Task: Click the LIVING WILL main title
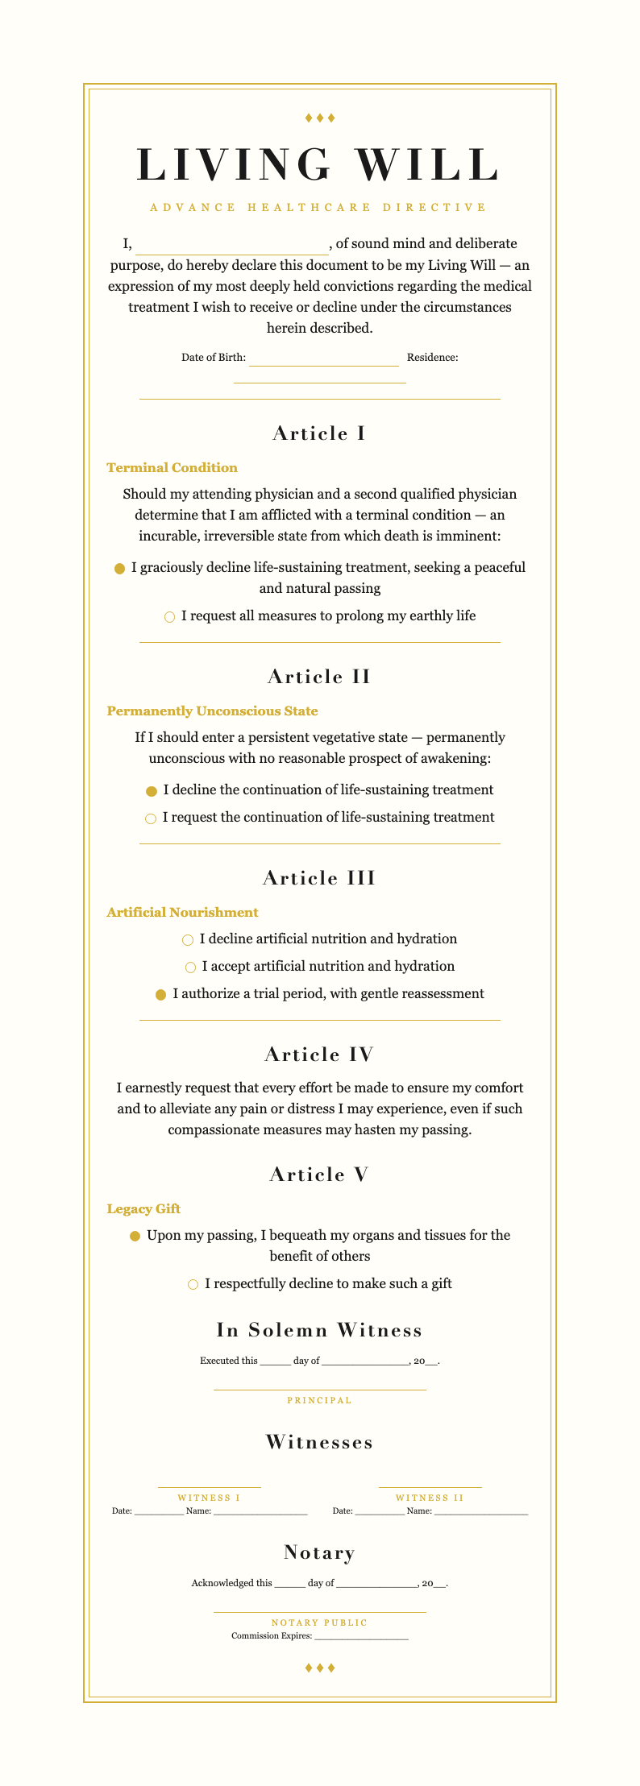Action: tap(319, 164)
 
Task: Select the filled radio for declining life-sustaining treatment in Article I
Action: tap(120, 569)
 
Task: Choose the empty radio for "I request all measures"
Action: tap(169, 617)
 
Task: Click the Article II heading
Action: tap(319, 677)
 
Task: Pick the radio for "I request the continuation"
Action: tap(151, 818)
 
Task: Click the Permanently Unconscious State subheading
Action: tap(212, 711)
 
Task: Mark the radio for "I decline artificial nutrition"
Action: tap(188, 940)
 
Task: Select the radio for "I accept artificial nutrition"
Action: tap(191, 968)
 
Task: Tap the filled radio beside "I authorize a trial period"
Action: tap(160, 995)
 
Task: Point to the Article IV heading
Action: tap(319, 1055)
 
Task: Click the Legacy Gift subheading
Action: tap(143, 1209)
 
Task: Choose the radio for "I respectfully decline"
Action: tap(193, 1285)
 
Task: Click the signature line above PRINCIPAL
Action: tap(319, 1388)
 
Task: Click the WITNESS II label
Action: tap(430, 1498)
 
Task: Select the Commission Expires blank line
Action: tap(361, 1637)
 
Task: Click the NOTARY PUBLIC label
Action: tap(319, 1622)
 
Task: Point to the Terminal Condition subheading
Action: tap(172, 468)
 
